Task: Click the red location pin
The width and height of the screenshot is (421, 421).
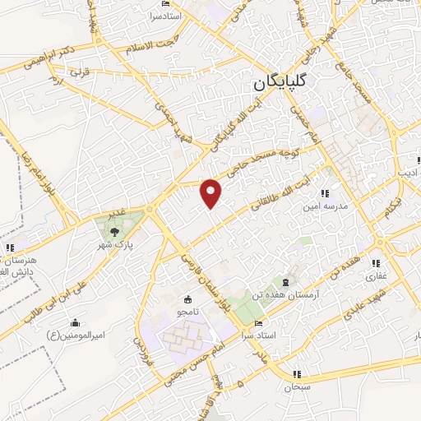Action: tap(212, 192)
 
